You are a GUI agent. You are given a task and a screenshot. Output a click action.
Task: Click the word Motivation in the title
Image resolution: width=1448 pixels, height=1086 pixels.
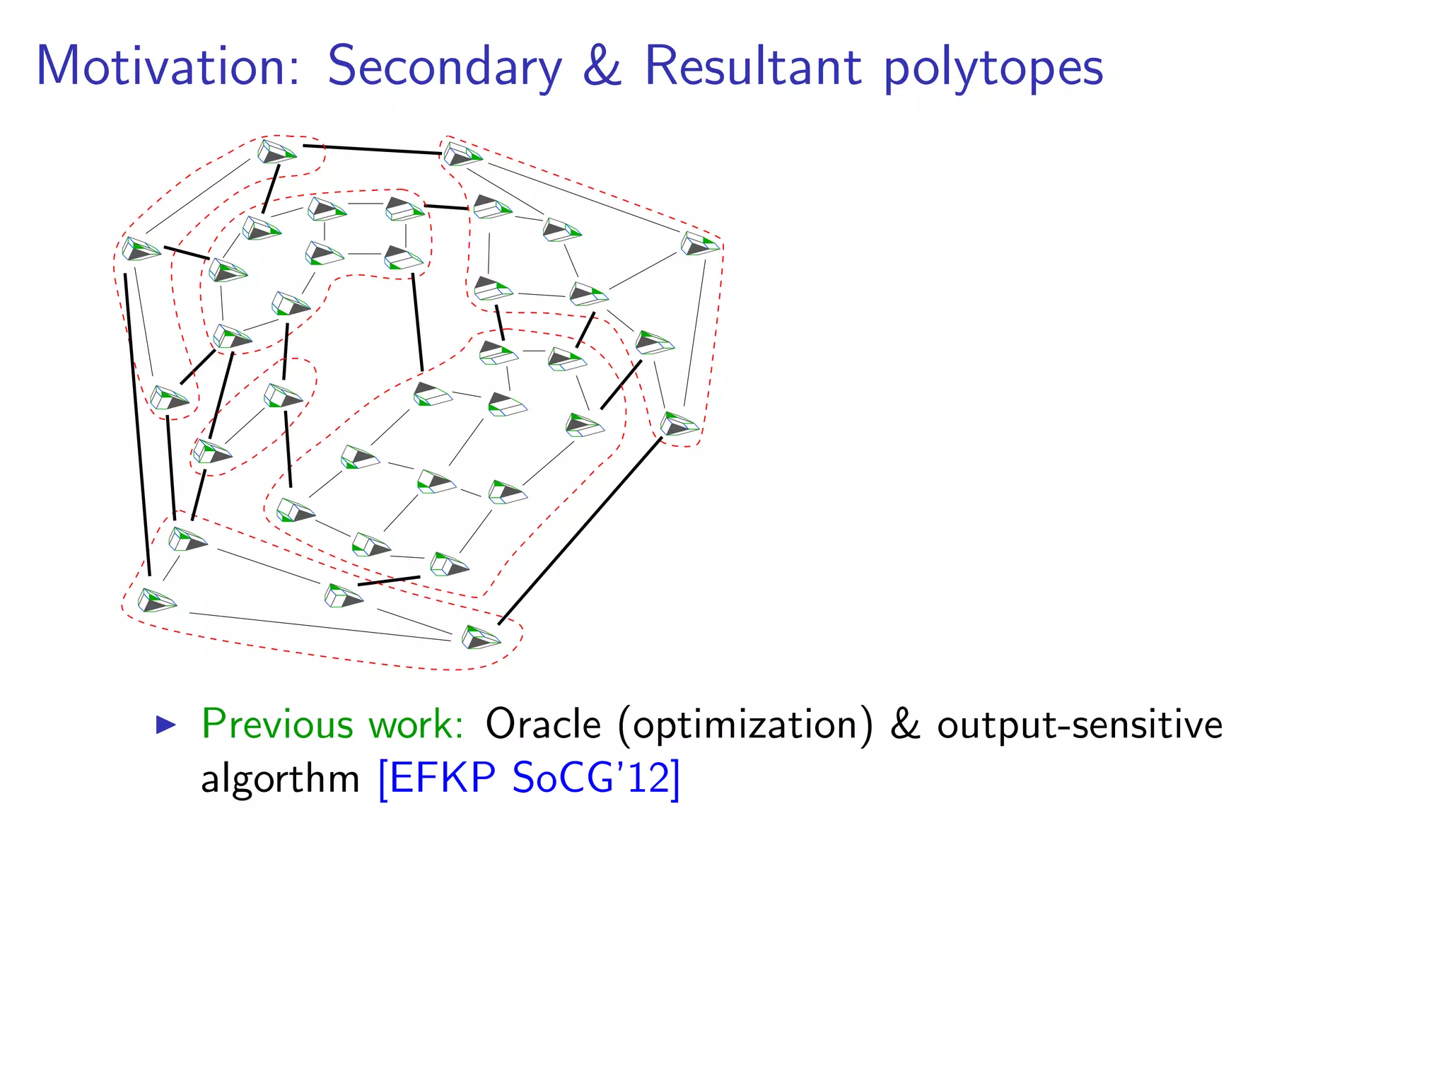coord(168,66)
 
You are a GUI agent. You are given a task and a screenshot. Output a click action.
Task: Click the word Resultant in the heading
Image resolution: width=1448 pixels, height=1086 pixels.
coord(752,66)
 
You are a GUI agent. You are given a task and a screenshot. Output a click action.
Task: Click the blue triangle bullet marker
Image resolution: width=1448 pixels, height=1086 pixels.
coord(165,724)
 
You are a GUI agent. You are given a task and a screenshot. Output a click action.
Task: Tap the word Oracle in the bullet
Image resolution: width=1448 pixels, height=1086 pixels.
coord(543,724)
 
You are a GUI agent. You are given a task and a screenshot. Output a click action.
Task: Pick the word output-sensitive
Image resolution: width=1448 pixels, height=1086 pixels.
coord(1080,725)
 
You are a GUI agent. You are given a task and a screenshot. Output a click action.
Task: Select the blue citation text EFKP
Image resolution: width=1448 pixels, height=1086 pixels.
coord(442,778)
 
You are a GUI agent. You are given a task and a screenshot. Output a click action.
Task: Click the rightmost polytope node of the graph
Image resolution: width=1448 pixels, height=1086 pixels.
coord(699,244)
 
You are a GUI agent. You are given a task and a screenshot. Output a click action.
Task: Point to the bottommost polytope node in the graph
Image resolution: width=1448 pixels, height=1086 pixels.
coord(480,637)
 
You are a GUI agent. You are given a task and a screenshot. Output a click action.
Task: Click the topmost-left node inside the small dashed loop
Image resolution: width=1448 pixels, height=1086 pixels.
coord(276,151)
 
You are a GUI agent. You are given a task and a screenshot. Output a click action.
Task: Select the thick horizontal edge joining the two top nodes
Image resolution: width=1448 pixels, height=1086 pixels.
coord(372,149)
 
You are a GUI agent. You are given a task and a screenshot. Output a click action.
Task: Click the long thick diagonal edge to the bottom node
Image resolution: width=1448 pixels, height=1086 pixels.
coord(580,530)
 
